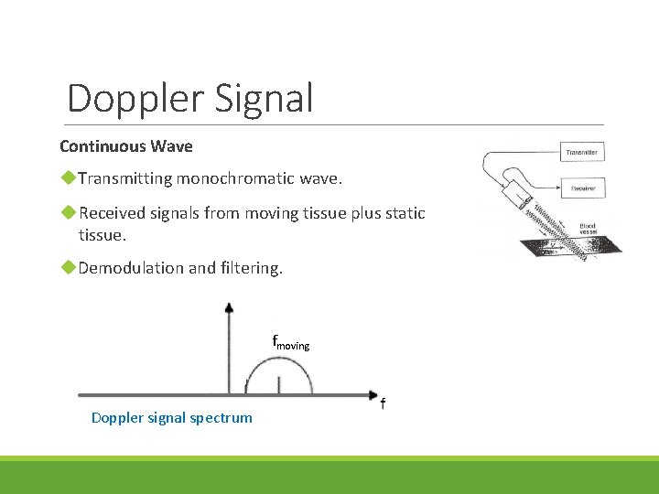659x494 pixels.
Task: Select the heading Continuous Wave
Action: tap(126, 146)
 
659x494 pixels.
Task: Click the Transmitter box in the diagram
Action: tap(582, 152)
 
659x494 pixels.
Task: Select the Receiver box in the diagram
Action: tap(582, 188)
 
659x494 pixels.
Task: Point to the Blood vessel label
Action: tap(587, 229)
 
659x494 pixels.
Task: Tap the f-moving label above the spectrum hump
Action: tap(291, 343)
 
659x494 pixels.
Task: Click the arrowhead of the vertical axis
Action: tap(229, 308)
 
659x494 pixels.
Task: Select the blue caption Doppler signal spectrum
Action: tap(172, 418)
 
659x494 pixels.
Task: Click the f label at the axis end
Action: tap(383, 403)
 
